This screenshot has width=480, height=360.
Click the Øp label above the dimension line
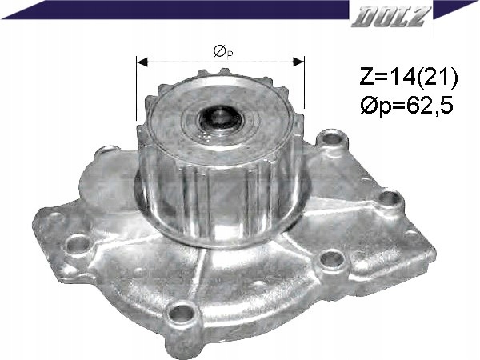[223, 51]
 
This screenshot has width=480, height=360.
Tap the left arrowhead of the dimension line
[142, 62]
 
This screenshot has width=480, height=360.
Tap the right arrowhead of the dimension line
[298, 62]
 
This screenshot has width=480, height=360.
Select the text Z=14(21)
[408, 77]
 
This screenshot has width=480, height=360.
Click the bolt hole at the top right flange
[332, 138]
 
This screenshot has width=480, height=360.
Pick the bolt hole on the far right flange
[389, 198]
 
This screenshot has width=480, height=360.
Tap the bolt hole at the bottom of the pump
[182, 313]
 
